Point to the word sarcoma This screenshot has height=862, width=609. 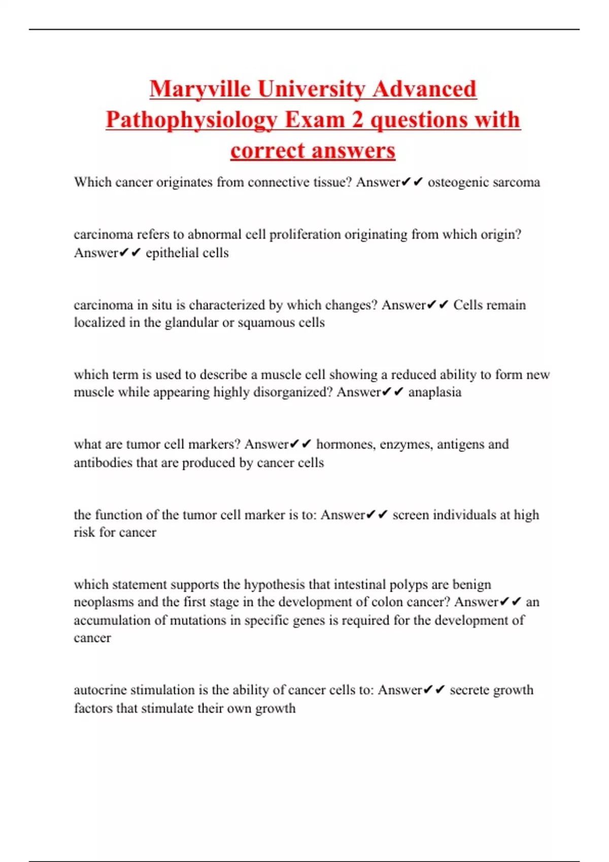[518, 182]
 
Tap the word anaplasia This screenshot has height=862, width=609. [435, 392]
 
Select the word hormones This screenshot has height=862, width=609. [344, 444]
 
